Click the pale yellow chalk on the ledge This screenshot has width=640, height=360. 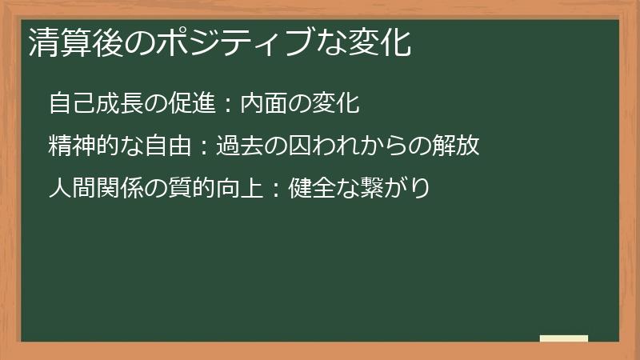[x=563, y=338]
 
